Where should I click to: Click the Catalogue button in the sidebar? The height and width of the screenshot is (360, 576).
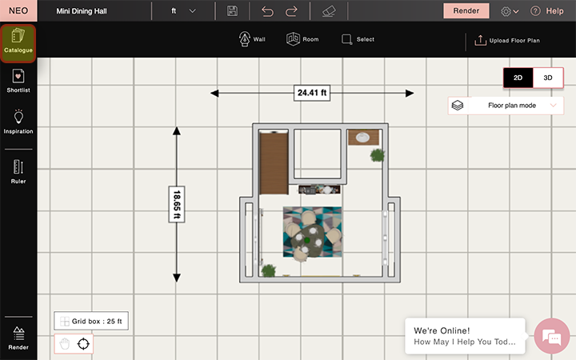(x=18, y=42)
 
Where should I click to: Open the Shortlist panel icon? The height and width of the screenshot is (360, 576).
(x=18, y=77)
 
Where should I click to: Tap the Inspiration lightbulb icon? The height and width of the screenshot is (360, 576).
(x=18, y=117)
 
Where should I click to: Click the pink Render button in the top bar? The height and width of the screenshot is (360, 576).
(x=466, y=11)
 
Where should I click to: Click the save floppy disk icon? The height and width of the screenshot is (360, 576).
(x=232, y=11)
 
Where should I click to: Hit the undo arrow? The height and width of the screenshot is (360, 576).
(x=267, y=11)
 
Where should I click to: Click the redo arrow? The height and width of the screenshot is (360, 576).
(x=291, y=11)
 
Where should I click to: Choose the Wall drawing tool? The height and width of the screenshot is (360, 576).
(x=252, y=39)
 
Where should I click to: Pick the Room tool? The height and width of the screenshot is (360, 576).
(x=302, y=39)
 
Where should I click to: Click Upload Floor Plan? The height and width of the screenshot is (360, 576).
(x=507, y=41)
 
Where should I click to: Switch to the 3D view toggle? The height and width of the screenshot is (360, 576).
(x=548, y=78)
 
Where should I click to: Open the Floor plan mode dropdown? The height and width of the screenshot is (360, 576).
(x=506, y=106)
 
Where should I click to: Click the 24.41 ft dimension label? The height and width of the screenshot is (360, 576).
(x=312, y=93)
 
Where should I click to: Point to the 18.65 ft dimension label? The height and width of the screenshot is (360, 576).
(x=177, y=204)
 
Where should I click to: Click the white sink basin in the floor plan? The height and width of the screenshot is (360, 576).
(x=362, y=138)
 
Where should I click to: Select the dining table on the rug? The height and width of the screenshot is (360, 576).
(x=308, y=240)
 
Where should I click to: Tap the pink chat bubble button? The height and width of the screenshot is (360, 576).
(x=552, y=337)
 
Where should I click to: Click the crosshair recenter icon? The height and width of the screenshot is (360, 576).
(x=83, y=344)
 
